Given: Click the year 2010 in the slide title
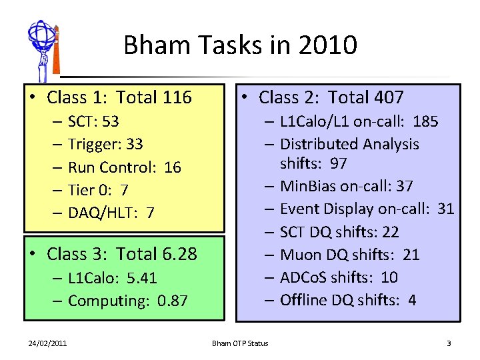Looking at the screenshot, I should pos(328,46).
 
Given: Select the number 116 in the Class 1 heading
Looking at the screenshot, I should pos(177,98).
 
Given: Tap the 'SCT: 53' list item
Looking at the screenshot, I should pos(93,121).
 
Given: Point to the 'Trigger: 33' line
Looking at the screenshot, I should pos(105,144).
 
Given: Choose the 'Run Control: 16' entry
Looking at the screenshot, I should pos(125,167).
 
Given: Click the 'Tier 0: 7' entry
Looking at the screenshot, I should pos(98,190).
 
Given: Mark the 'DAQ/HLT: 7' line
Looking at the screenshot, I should pos(111,213).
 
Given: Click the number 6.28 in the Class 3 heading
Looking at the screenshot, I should pos(179,254).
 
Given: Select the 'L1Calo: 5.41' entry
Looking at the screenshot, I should pos(112,277).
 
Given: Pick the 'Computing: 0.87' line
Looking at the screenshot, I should pos(127,301).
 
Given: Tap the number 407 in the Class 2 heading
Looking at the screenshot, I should pos(389,98).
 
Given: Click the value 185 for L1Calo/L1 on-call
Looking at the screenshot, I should pos(425,121).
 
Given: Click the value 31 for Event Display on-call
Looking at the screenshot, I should pos(446,209).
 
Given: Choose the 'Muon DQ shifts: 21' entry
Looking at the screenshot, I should pos(351,255).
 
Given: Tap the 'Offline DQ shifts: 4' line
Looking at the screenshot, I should pos(347,300).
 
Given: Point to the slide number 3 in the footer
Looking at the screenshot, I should pos(449,343).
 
